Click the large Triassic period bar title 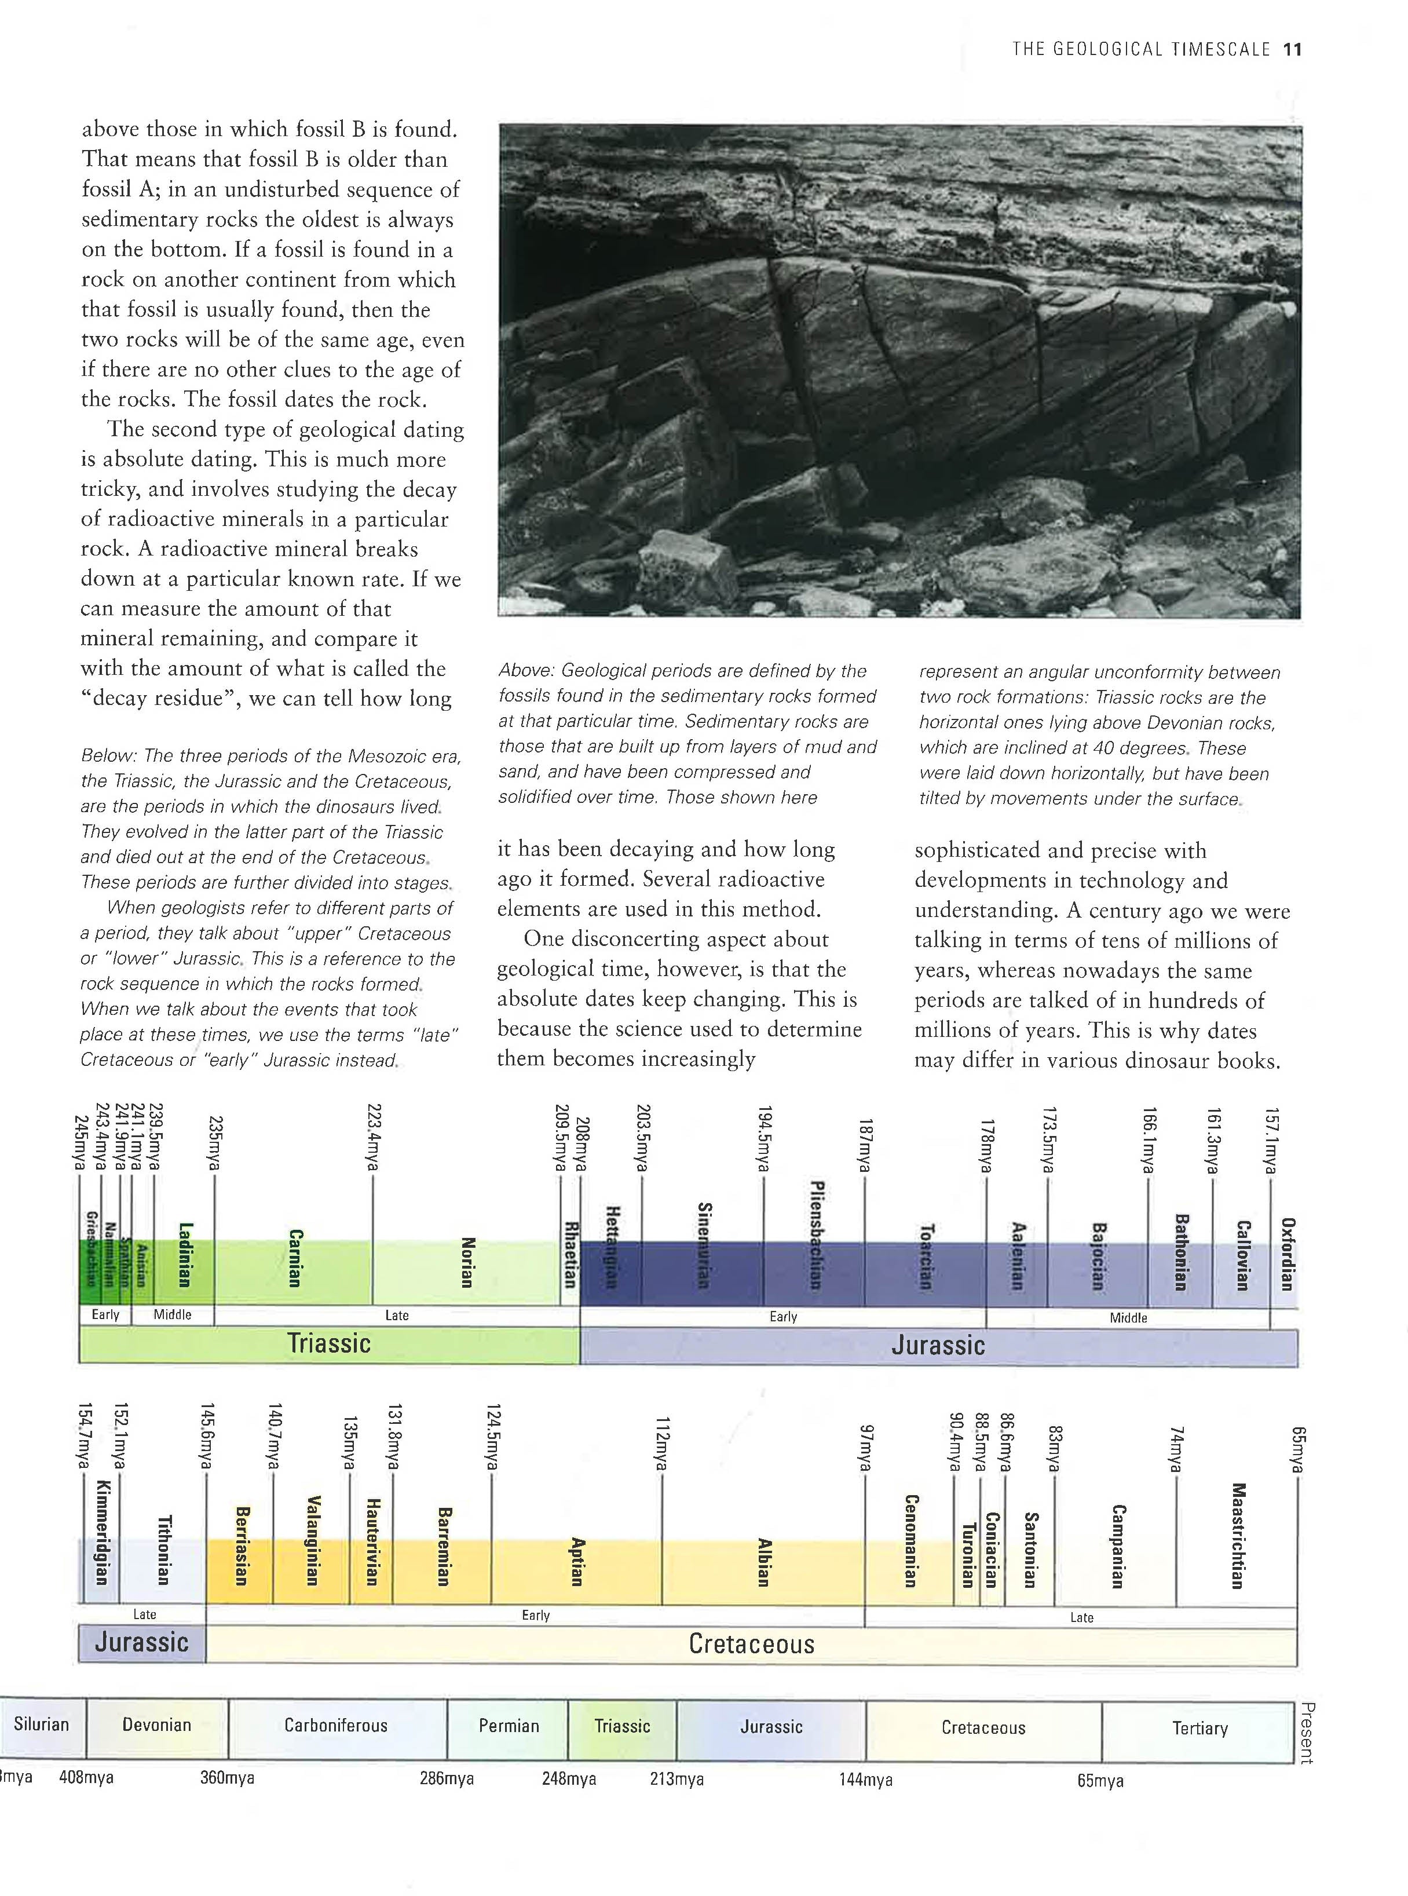pos(329,1343)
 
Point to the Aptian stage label pos(577,1561)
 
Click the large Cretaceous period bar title pos(751,1643)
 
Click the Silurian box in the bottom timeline pos(42,1724)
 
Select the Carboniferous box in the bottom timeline pos(336,1726)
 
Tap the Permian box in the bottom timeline pos(509,1726)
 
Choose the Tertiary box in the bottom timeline pos(1199,1728)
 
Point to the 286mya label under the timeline pos(447,1778)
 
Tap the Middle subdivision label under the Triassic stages pos(172,1314)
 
